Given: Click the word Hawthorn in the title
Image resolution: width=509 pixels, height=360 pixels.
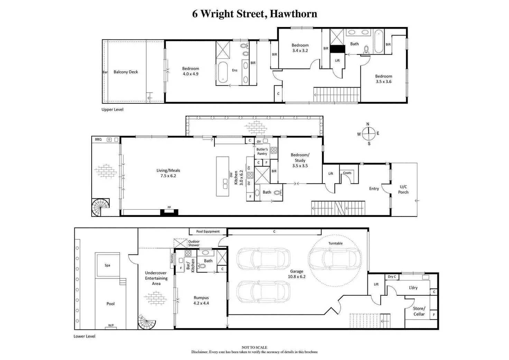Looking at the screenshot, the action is pyautogui.click(x=293, y=13).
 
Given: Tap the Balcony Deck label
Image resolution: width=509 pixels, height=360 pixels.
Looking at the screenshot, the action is pyautogui.click(x=126, y=72).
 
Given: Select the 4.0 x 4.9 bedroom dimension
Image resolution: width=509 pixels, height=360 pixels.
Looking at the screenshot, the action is pyautogui.click(x=191, y=74).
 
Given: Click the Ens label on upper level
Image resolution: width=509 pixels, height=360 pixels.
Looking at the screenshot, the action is pyautogui.click(x=234, y=70).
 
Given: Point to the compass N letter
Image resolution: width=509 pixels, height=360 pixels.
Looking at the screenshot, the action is pyautogui.click(x=368, y=124).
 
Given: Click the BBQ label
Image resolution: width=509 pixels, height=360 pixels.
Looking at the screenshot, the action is pyautogui.click(x=98, y=139).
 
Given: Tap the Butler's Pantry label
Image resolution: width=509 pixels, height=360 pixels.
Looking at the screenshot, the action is pyautogui.click(x=262, y=151).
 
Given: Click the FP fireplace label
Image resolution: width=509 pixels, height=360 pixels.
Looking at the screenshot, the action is pyautogui.click(x=169, y=207).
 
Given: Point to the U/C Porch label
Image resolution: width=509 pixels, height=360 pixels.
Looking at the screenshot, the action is pyautogui.click(x=403, y=189).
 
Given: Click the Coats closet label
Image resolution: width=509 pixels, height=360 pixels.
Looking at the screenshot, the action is pyautogui.click(x=347, y=173).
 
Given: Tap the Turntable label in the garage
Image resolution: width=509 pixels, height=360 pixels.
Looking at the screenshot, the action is pyautogui.click(x=335, y=243).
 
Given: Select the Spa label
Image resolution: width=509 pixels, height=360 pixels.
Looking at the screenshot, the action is pyautogui.click(x=107, y=265).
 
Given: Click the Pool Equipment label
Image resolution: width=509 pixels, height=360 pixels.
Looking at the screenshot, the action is pyautogui.click(x=208, y=231).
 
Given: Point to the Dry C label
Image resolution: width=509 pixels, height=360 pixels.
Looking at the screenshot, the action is pyautogui.click(x=392, y=277).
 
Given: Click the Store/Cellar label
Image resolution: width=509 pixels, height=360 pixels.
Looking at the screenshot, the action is pyautogui.click(x=419, y=311).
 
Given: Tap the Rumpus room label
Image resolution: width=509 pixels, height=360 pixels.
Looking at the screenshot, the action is pyautogui.click(x=201, y=298).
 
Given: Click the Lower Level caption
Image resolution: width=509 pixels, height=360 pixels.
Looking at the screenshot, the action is pyautogui.click(x=84, y=336).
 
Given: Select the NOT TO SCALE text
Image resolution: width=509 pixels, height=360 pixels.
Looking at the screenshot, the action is pyautogui.click(x=254, y=347).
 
